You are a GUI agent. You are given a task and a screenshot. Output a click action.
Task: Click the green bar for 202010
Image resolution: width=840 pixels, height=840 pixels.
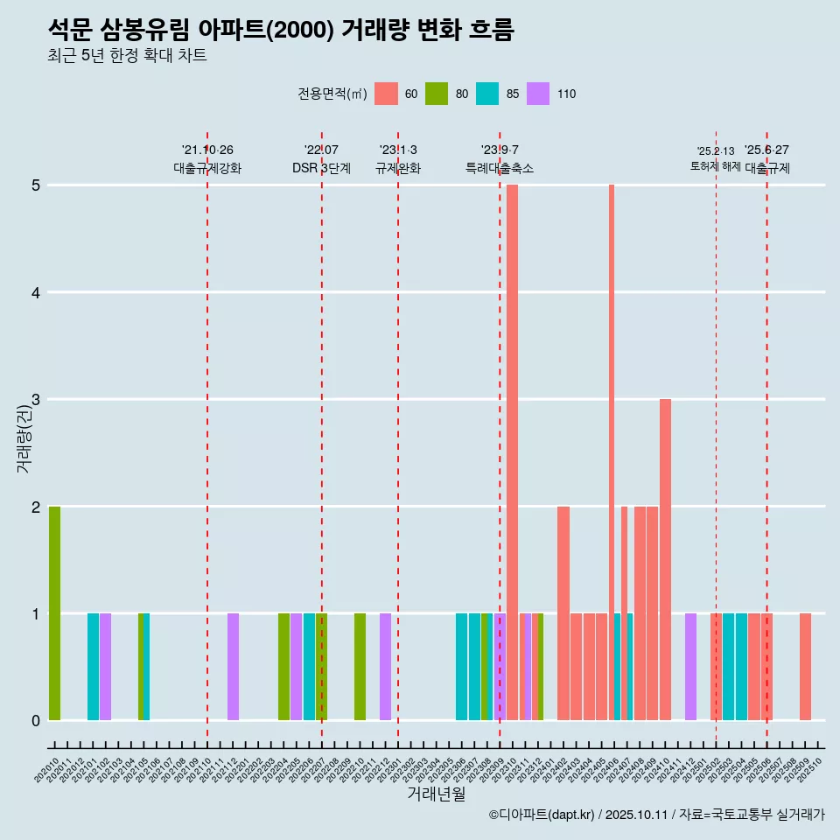(x=54, y=612)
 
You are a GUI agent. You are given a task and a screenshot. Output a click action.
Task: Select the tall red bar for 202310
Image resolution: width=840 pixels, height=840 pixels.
(x=512, y=452)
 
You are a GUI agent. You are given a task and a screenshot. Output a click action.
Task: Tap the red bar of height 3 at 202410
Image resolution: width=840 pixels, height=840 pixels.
(x=665, y=560)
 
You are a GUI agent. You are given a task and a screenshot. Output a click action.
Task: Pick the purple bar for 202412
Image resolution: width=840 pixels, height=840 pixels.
(x=690, y=667)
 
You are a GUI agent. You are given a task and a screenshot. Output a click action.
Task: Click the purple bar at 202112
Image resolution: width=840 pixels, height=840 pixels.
(x=233, y=667)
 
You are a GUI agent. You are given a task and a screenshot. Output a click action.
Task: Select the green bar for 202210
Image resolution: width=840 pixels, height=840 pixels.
(x=360, y=667)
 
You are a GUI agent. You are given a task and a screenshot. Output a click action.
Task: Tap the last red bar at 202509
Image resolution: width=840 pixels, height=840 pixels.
(x=805, y=667)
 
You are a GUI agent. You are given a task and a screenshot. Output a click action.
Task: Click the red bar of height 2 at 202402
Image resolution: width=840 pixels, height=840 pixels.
(x=563, y=612)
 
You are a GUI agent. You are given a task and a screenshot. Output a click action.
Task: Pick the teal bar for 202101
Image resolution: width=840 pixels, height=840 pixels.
(x=93, y=667)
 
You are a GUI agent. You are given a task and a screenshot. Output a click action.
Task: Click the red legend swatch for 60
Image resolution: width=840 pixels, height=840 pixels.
(x=386, y=94)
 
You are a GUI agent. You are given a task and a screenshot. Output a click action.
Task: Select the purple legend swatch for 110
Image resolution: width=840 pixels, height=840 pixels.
(x=538, y=94)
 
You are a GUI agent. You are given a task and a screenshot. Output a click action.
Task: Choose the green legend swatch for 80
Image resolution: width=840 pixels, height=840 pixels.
(x=437, y=94)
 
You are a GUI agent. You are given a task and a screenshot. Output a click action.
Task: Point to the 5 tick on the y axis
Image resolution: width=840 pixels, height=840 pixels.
(x=37, y=185)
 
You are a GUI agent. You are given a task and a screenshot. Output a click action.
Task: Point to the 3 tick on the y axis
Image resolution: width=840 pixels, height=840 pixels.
(x=37, y=400)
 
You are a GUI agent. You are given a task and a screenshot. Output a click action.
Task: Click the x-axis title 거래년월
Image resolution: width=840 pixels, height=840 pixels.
(x=436, y=794)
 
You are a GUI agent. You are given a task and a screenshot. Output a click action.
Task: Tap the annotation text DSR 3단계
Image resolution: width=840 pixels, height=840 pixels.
(x=321, y=168)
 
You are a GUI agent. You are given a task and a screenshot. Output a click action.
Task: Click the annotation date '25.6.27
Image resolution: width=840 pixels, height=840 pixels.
(x=766, y=150)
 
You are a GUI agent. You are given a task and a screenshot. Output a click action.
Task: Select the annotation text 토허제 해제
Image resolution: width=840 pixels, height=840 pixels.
(x=715, y=166)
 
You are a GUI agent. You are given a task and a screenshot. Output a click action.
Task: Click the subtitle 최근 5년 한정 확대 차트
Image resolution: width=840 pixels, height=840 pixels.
(x=127, y=56)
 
